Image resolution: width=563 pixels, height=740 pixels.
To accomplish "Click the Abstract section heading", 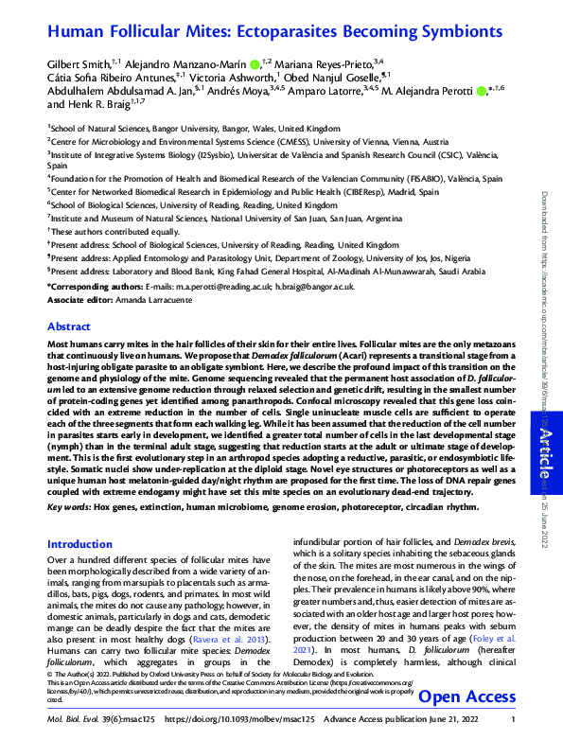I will point(69,326).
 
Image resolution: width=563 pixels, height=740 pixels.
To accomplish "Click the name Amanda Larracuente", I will point(152,299).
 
